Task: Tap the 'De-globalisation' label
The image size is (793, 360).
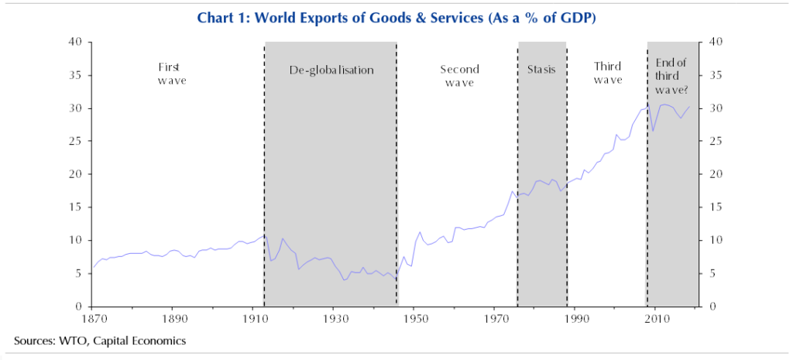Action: click(x=331, y=70)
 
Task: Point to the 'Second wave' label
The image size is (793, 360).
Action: click(x=459, y=75)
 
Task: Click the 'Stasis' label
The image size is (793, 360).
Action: click(x=541, y=70)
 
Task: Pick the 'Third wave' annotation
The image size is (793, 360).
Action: click(x=608, y=74)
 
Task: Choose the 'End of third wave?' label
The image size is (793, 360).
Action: click(x=671, y=76)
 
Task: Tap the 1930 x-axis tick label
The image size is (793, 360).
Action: click(x=335, y=318)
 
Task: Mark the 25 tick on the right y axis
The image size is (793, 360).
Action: click(x=716, y=141)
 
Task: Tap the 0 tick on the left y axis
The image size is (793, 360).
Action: click(x=79, y=307)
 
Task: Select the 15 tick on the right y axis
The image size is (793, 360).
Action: click(x=716, y=207)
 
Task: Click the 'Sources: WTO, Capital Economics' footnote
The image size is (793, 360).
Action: click(x=100, y=340)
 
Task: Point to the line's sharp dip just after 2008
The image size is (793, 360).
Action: click(x=653, y=131)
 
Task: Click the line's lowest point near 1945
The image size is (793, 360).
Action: click(x=396, y=280)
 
